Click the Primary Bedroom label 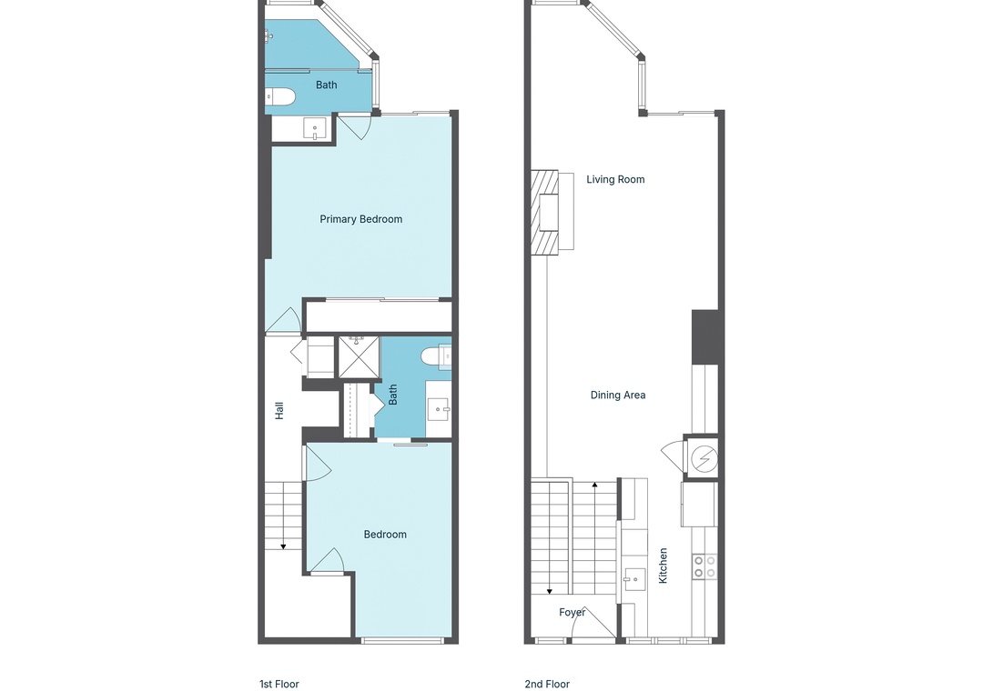click(361, 219)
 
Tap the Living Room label click(615, 179)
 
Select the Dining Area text click(618, 395)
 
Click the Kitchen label click(663, 566)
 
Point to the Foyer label click(573, 612)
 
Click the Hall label click(279, 410)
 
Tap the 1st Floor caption click(279, 684)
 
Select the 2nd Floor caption click(547, 684)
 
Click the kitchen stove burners click(704, 567)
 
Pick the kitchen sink click(635, 579)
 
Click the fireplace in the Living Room click(545, 213)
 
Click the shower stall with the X click(359, 357)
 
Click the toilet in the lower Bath click(436, 356)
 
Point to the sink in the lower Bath click(438, 409)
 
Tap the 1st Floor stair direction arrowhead click(283, 547)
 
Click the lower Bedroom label click(386, 535)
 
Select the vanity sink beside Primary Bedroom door click(315, 129)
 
